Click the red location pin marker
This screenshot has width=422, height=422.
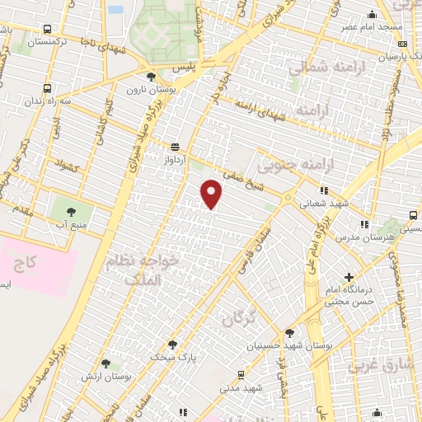tap(212, 195)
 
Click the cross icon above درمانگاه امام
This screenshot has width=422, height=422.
tap(349, 277)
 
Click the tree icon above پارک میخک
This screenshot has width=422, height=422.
tap(172, 344)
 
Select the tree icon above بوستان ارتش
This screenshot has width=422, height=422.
tap(105, 363)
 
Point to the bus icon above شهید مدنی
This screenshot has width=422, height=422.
tap(241, 373)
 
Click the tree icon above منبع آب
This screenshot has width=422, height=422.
tap(62, 211)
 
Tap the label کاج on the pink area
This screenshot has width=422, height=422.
tap(26, 264)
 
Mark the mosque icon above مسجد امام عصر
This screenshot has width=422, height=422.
tap(373, 12)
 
